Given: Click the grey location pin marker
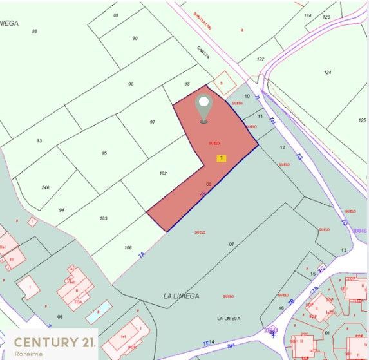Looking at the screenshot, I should (x=204, y=108).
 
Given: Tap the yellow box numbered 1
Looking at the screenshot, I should (x=222, y=158).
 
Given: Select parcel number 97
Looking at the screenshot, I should (x=153, y=122).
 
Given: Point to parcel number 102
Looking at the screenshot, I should (x=163, y=173).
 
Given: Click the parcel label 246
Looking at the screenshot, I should (x=45, y=187).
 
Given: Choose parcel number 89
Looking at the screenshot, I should (x=116, y=15).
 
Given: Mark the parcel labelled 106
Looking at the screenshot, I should (x=128, y=248).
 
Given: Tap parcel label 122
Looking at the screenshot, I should (x=260, y=59).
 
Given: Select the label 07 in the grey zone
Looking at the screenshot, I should (x=232, y=244).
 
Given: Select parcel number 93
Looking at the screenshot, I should (x=39, y=140).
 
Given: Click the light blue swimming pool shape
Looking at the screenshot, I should (x=99, y=313).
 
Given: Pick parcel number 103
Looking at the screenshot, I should (x=104, y=219).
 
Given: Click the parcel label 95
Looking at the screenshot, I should (x=104, y=153).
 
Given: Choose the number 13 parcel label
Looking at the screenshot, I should (x=344, y=250).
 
